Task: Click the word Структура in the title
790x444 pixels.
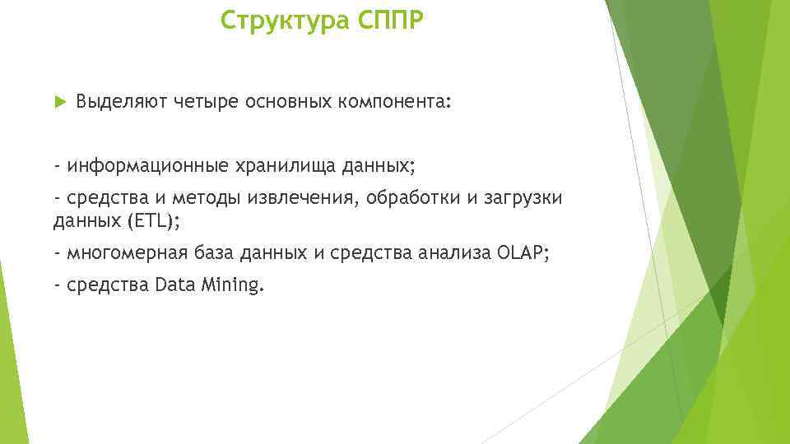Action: tap(286, 21)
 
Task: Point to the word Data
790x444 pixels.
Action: tap(172, 285)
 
